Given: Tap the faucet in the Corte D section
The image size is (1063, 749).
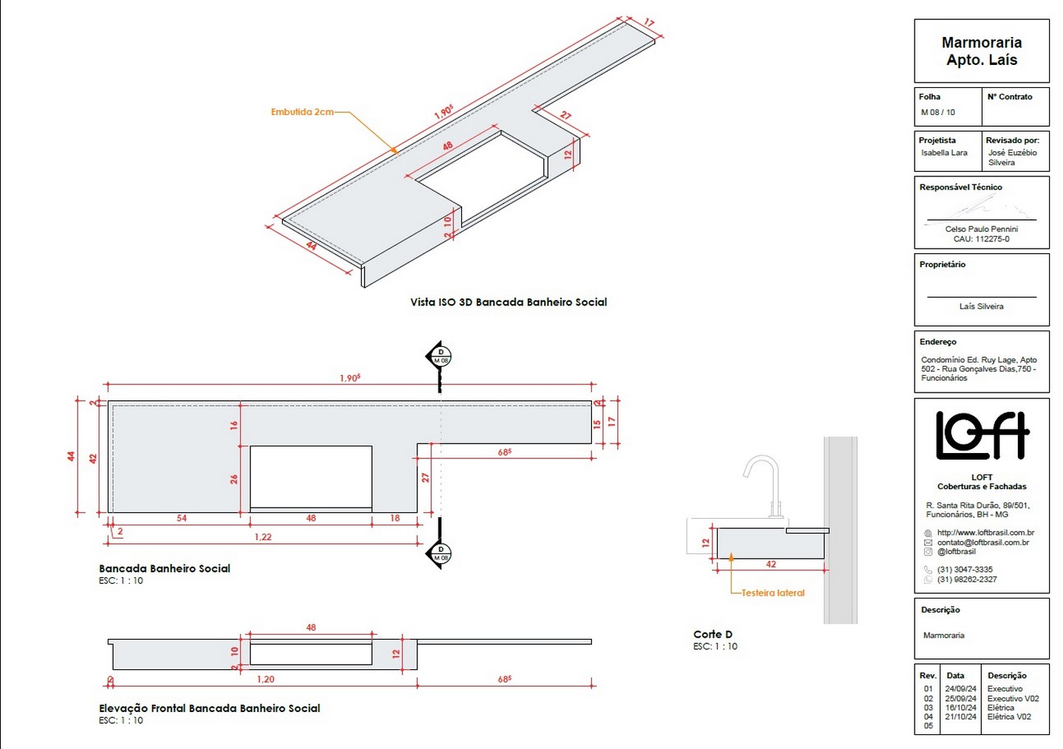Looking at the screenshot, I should (766, 480).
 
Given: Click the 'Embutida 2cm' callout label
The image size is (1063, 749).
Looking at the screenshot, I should (302, 112).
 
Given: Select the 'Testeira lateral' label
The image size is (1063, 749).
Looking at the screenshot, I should (773, 593).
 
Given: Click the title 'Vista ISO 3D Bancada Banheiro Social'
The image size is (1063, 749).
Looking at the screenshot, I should (509, 302).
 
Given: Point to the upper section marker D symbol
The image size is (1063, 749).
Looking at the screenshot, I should (440, 356).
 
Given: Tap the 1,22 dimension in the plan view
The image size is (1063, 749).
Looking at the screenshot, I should (263, 536).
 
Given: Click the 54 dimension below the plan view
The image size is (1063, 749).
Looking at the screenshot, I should (182, 518).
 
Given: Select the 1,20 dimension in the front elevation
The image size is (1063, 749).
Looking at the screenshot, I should (266, 679).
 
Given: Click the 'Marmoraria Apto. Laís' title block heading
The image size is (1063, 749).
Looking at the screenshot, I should (982, 51).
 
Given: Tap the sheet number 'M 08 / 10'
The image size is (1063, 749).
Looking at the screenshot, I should (938, 112).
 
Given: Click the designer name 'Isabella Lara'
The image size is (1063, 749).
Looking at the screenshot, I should (944, 153).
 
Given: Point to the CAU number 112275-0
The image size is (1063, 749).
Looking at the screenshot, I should (981, 239).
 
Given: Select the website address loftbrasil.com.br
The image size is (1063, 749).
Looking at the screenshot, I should (985, 533).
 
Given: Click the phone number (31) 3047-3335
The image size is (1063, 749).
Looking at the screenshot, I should (965, 570).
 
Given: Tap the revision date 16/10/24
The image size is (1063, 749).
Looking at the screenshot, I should (960, 708).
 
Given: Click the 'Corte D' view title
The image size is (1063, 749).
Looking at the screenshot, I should (712, 634).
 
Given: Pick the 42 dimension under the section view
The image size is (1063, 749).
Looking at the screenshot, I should (771, 564).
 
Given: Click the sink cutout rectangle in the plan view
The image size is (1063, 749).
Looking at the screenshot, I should (311, 477).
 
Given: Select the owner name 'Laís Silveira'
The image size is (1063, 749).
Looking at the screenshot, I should (981, 306).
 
